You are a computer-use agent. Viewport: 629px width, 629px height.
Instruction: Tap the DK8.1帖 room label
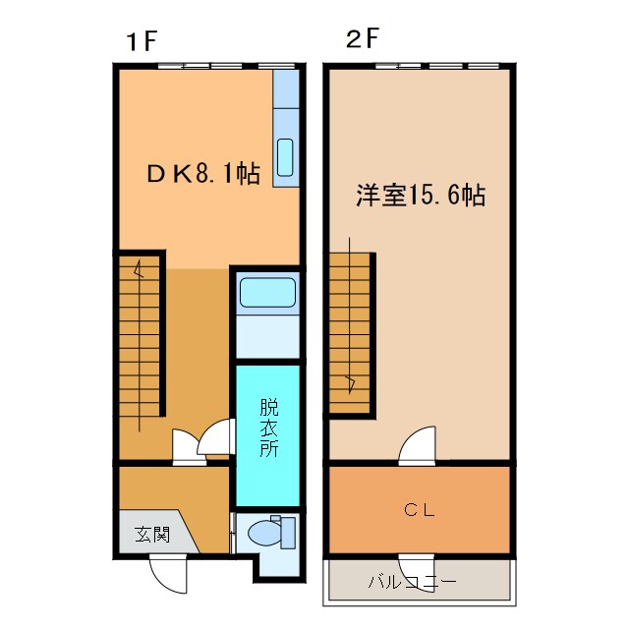[203, 175]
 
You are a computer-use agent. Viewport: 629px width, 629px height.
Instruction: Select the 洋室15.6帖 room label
[420, 195]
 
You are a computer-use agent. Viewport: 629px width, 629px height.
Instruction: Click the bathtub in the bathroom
[266, 293]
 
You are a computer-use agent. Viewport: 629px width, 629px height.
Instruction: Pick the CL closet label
[420, 510]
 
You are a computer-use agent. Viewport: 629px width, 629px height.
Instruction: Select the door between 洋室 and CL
[417, 445]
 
